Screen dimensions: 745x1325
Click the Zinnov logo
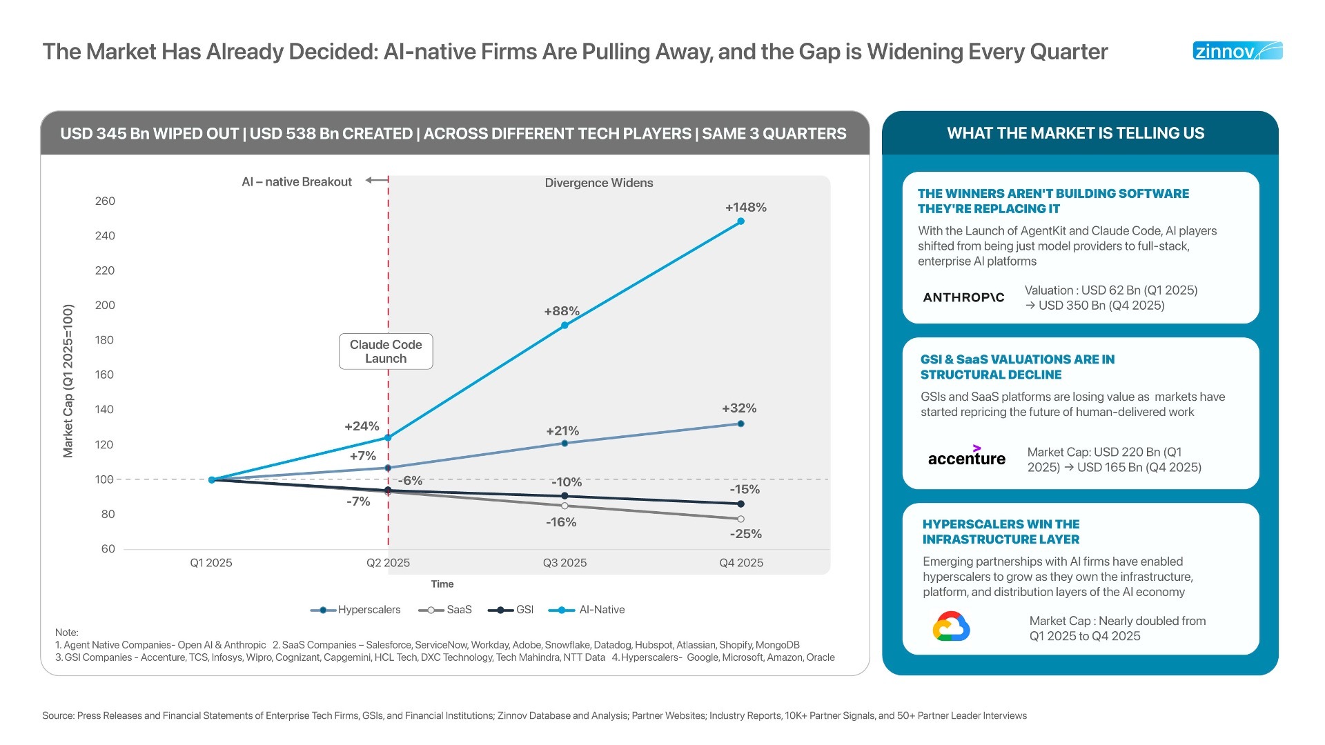pos(1237,51)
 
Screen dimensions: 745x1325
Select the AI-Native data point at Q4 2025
pos(740,221)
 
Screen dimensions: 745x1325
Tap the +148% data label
pos(745,207)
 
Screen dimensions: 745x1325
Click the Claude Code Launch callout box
pos(386,352)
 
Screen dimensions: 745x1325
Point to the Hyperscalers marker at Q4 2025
pos(740,424)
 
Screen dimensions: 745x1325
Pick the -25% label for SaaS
pos(745,534)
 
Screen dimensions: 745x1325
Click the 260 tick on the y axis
pos(105,201)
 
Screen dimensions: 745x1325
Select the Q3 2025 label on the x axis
pos(565,563)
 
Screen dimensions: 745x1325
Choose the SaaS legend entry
pos(446,610)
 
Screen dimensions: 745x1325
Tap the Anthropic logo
pos(963,297)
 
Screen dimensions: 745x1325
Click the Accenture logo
pos(966,457)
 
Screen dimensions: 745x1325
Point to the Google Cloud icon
pos(951,626)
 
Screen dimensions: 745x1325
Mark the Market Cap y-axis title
pos(68,381)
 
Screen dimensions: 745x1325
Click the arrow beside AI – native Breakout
pos(376,180)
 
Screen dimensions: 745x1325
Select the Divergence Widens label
pos(598,183)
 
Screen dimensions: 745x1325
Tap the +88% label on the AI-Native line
pos(561,311)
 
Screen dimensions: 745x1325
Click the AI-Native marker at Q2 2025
pos(388,437)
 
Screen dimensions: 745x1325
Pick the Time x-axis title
pos(442,584)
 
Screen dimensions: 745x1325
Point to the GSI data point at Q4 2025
pos(740,504)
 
